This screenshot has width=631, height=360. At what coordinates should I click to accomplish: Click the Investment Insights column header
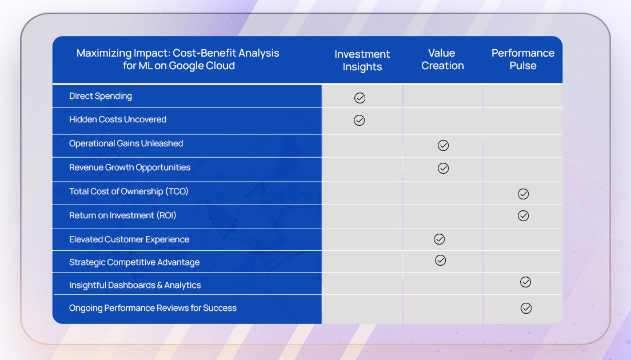(x=362, y=61)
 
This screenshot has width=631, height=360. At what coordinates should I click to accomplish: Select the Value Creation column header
(x=442, y=59)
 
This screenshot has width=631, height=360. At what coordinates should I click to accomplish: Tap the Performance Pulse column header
(x=523, y=59)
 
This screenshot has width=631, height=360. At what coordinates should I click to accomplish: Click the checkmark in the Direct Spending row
(x=360, y=98)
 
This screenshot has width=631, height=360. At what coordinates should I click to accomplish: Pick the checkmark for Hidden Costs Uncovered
(x=359, y=120)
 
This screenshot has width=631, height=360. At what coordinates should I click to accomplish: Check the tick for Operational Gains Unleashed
(x=443, y=145)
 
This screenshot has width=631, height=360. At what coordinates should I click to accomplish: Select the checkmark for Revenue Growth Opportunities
(x=443, y=168)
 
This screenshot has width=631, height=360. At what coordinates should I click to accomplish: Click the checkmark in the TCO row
(x=523, y=194)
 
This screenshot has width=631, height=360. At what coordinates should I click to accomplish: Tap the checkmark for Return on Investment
(x=523, y=215)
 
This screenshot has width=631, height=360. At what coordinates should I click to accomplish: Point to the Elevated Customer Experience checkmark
(x=440, y=239)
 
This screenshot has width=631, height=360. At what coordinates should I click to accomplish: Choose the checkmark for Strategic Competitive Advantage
(x=440, y=260)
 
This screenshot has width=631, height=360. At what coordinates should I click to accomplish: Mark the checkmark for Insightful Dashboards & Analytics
(x=526, y=282)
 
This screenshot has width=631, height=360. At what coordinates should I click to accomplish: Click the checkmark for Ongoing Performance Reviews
(x=526, y=308)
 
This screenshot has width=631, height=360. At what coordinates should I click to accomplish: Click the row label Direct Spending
(x=101, y=96)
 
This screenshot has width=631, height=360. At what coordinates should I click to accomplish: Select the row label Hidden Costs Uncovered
(x=118, y=119)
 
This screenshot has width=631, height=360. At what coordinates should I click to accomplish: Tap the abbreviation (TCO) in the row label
(x=177, y=191)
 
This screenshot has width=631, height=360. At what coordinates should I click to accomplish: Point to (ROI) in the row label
(x=166, y=215)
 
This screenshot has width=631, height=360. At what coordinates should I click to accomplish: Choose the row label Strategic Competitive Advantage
(x=134, y=262)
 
